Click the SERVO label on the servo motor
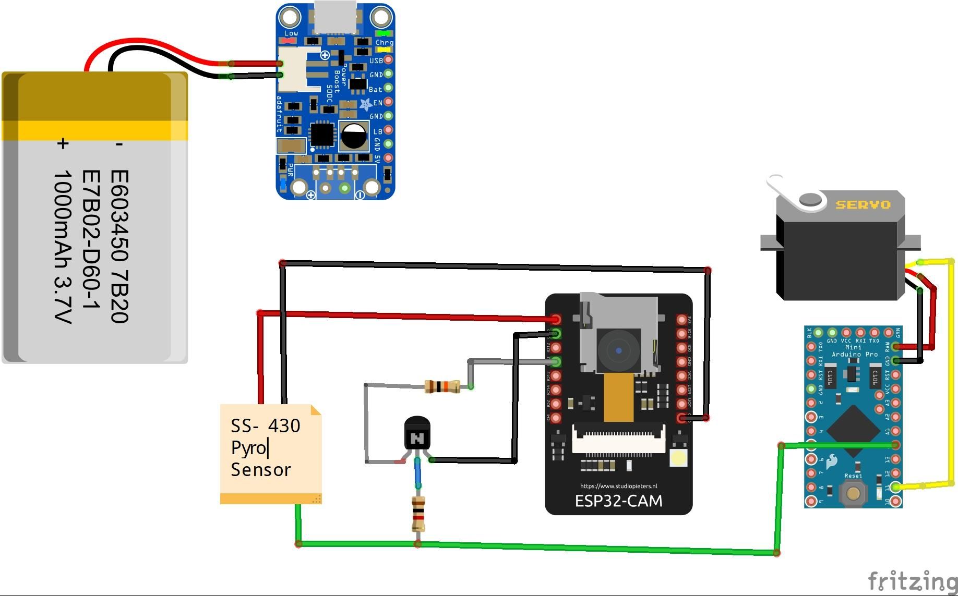pos(863,205)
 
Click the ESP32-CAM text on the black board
pos(618,501)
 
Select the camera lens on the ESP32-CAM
pos(619,350)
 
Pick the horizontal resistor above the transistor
pos(442,386)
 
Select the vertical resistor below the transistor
pos(418,514)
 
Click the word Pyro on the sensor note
pos(249,448)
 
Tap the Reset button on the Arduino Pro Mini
pos(853,493)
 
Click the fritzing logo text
pos(912,581)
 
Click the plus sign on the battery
pos(63,143)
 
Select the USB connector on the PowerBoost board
pos(336,17)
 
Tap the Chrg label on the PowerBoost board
pos(384,42)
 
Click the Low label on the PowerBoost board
pos(291,33)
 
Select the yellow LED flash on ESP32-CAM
pos(678,458)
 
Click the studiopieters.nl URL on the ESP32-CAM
pos(618,486)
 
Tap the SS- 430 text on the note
pos(265,426)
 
